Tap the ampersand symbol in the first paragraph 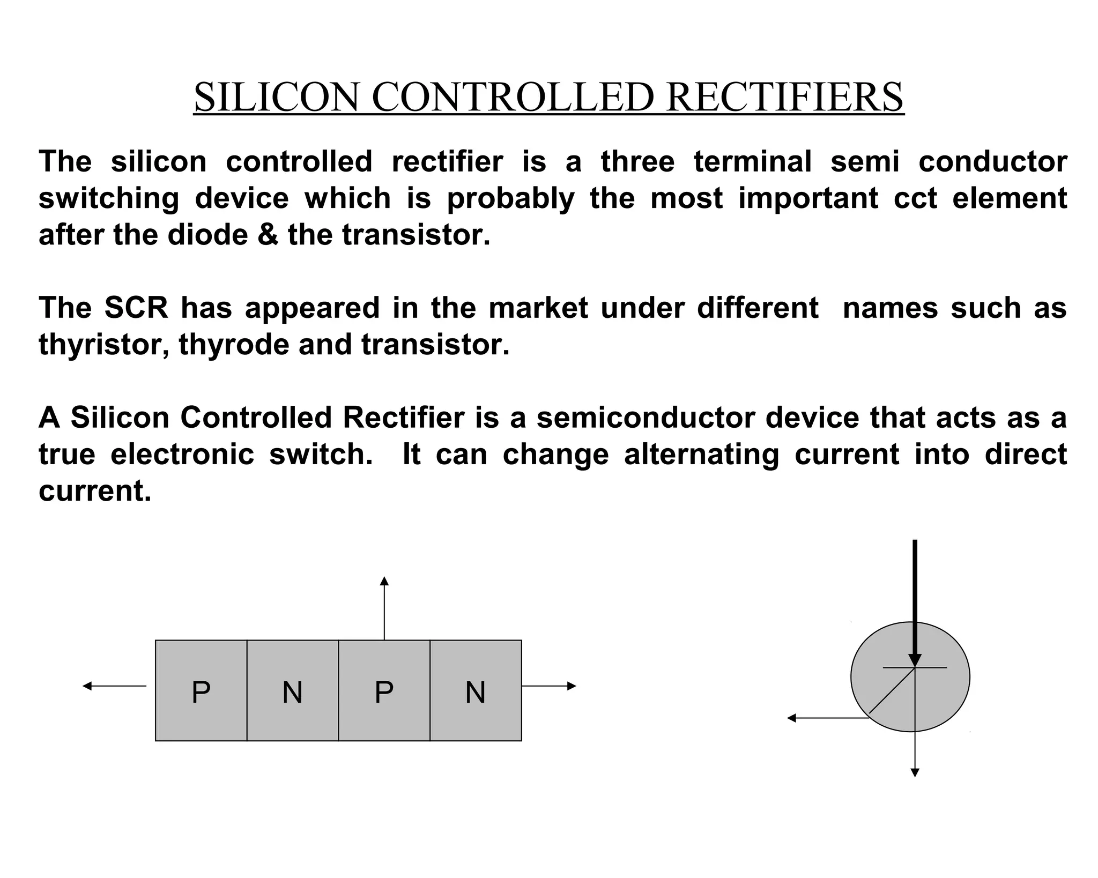pyautogui.click(x=268, y=235)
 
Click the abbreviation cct pyautogui.click(x=915, y=198)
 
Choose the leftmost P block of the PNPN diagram pyautogui.click(x=201, y=691)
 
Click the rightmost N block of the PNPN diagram pyautogui.click(x=476, y=691)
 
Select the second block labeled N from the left pyautogui.click(x=293, y=691)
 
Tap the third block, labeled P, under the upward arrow pyautogui.click(x=384, y=691)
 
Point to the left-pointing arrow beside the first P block pyautogui.click(x=114, y=686)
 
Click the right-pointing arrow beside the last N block pyautogui.click(x=549, y=686)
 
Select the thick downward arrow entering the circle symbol pyautogui.click(x=915, y=600)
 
